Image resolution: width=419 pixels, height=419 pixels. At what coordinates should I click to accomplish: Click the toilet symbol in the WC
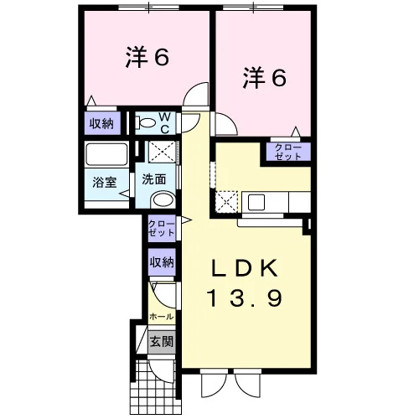(145, 122)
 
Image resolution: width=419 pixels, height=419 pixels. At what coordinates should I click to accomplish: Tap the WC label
(164, 123)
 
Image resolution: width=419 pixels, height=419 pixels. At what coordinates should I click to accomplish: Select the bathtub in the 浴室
(106, 154)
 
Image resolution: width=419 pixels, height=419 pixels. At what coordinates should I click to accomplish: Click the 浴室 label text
(105, 183)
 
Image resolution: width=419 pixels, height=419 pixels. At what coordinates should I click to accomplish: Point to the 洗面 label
(154, 179)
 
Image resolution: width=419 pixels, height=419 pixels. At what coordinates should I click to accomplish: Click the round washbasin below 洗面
(163, 200)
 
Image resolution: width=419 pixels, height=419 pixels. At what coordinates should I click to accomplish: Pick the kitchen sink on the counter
(256, 202)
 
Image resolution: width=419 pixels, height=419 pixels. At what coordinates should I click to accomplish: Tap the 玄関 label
(162, 342)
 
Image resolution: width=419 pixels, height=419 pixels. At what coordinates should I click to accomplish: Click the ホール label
(162, 317)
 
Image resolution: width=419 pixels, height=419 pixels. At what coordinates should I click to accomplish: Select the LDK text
(245, 268)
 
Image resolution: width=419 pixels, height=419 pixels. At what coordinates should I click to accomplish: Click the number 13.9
(245, 298)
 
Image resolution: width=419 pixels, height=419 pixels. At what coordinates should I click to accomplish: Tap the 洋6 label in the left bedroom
(147, 57)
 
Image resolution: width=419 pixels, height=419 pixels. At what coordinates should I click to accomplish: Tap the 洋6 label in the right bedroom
(264, 78)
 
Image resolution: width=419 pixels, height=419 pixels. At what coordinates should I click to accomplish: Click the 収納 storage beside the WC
(102, 123)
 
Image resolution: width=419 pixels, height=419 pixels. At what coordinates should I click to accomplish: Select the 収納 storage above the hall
(162, 262)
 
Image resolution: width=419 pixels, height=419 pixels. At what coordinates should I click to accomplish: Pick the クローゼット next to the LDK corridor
(162, 229)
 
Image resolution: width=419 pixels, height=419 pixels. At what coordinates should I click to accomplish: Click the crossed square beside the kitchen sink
(226, 202)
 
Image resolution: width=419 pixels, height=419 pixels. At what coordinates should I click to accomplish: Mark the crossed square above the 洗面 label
(163, 152)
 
